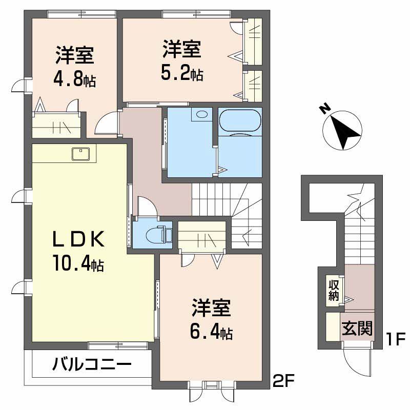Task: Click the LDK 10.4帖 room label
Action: pyautogui.click(x=79, y=251)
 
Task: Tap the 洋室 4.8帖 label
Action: pyautogui.click(x=75, y=67)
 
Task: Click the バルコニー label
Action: pyautogui.click(x=92, y=365)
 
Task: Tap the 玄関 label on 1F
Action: pyautogui.click(x=357, y=329)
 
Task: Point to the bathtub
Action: pyautogui.click(x=240, y=121)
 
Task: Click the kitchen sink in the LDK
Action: pyautogui.click(x=81, y=153)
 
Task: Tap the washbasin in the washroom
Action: pyautogui.click(x=202, y=114)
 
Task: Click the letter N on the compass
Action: pyautogui.click(x=323, y=109)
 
